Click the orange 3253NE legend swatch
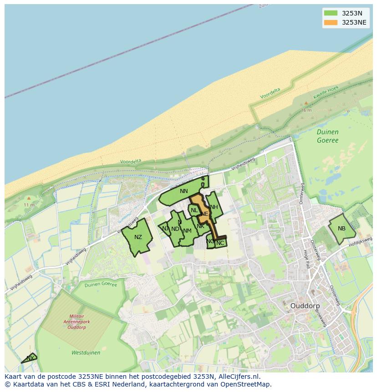(x=331, y=22)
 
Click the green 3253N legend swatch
(x=331, y=13)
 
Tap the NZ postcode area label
(x=138, y=237)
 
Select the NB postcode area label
(x=341, y=229)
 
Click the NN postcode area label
(x=183, y=191)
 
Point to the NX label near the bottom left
(x=30, y=358)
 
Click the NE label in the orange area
(x=204, y=214)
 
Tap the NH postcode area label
(x=214, y=207)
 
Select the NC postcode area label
(x=220, y=243)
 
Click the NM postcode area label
(x=187, y=231)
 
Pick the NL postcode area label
(x=194, y=210)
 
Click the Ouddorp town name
(x=305, y=306)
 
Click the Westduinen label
(x=86, y=352)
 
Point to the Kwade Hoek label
(x=326, y=94)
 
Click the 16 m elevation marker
(x=306, y=111)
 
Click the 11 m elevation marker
(x=29, y=205)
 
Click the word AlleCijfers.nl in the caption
(x=237, y=377)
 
